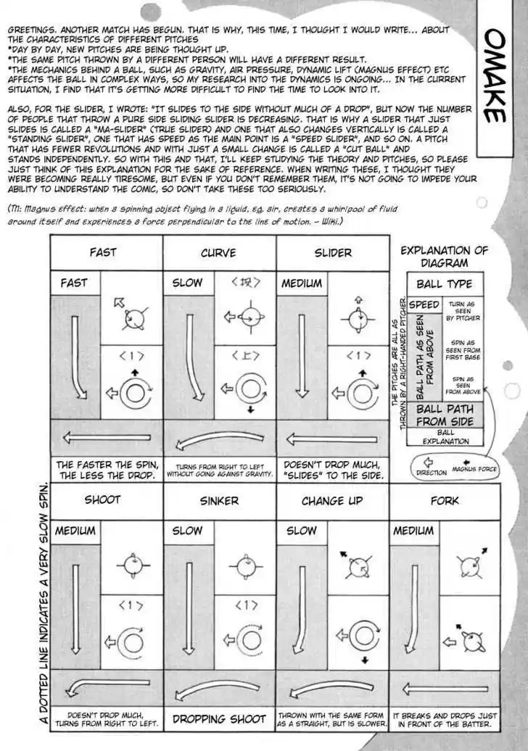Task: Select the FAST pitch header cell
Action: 103,253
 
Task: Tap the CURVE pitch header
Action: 218,253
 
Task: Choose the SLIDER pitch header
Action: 332,253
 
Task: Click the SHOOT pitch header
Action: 103,500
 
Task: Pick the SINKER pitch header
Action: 218,501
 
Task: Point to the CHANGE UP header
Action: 332,500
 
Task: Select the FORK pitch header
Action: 445,500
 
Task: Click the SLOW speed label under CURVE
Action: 187,283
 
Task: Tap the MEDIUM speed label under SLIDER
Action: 302,283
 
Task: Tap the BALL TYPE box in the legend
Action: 444,284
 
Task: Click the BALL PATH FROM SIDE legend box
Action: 445,415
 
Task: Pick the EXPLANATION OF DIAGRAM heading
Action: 444,257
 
